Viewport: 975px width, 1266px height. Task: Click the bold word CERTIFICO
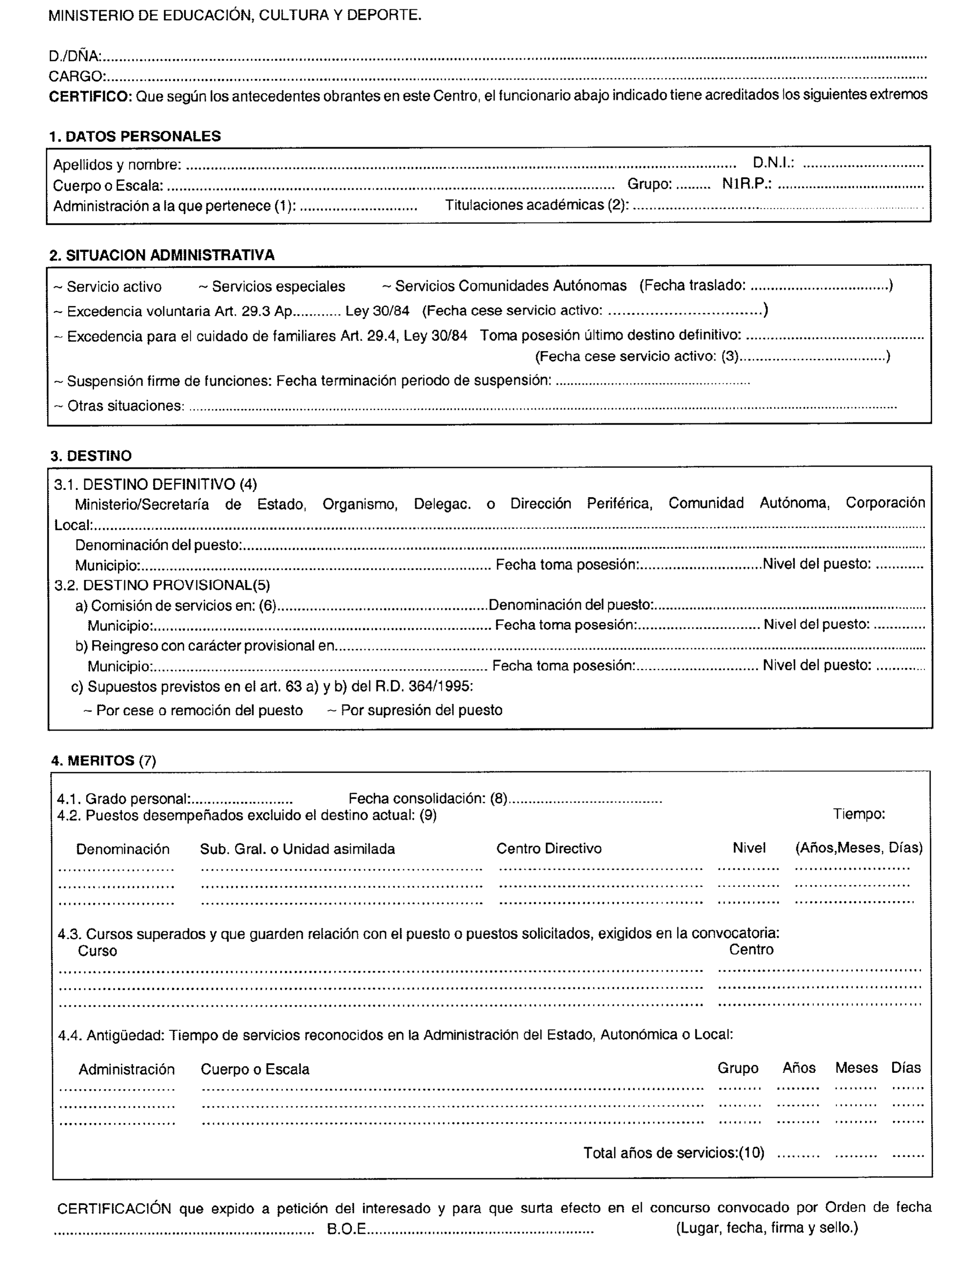tap(90, 96)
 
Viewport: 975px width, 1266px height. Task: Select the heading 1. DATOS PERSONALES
tap(135, 136)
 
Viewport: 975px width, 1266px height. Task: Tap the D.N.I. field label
tap(773, 163)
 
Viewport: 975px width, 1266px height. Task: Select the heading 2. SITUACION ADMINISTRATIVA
tap(162, 255)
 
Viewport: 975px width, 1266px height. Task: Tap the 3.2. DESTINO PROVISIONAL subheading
tap(162, 585)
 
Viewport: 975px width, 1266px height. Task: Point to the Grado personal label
tap(124, 799)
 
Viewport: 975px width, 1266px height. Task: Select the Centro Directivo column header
tap(548, 849)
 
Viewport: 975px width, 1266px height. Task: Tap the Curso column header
tap(97, 951)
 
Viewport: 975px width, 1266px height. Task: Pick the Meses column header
tap(856, 1068)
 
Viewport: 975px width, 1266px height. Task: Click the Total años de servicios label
tap(673, 1153)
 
